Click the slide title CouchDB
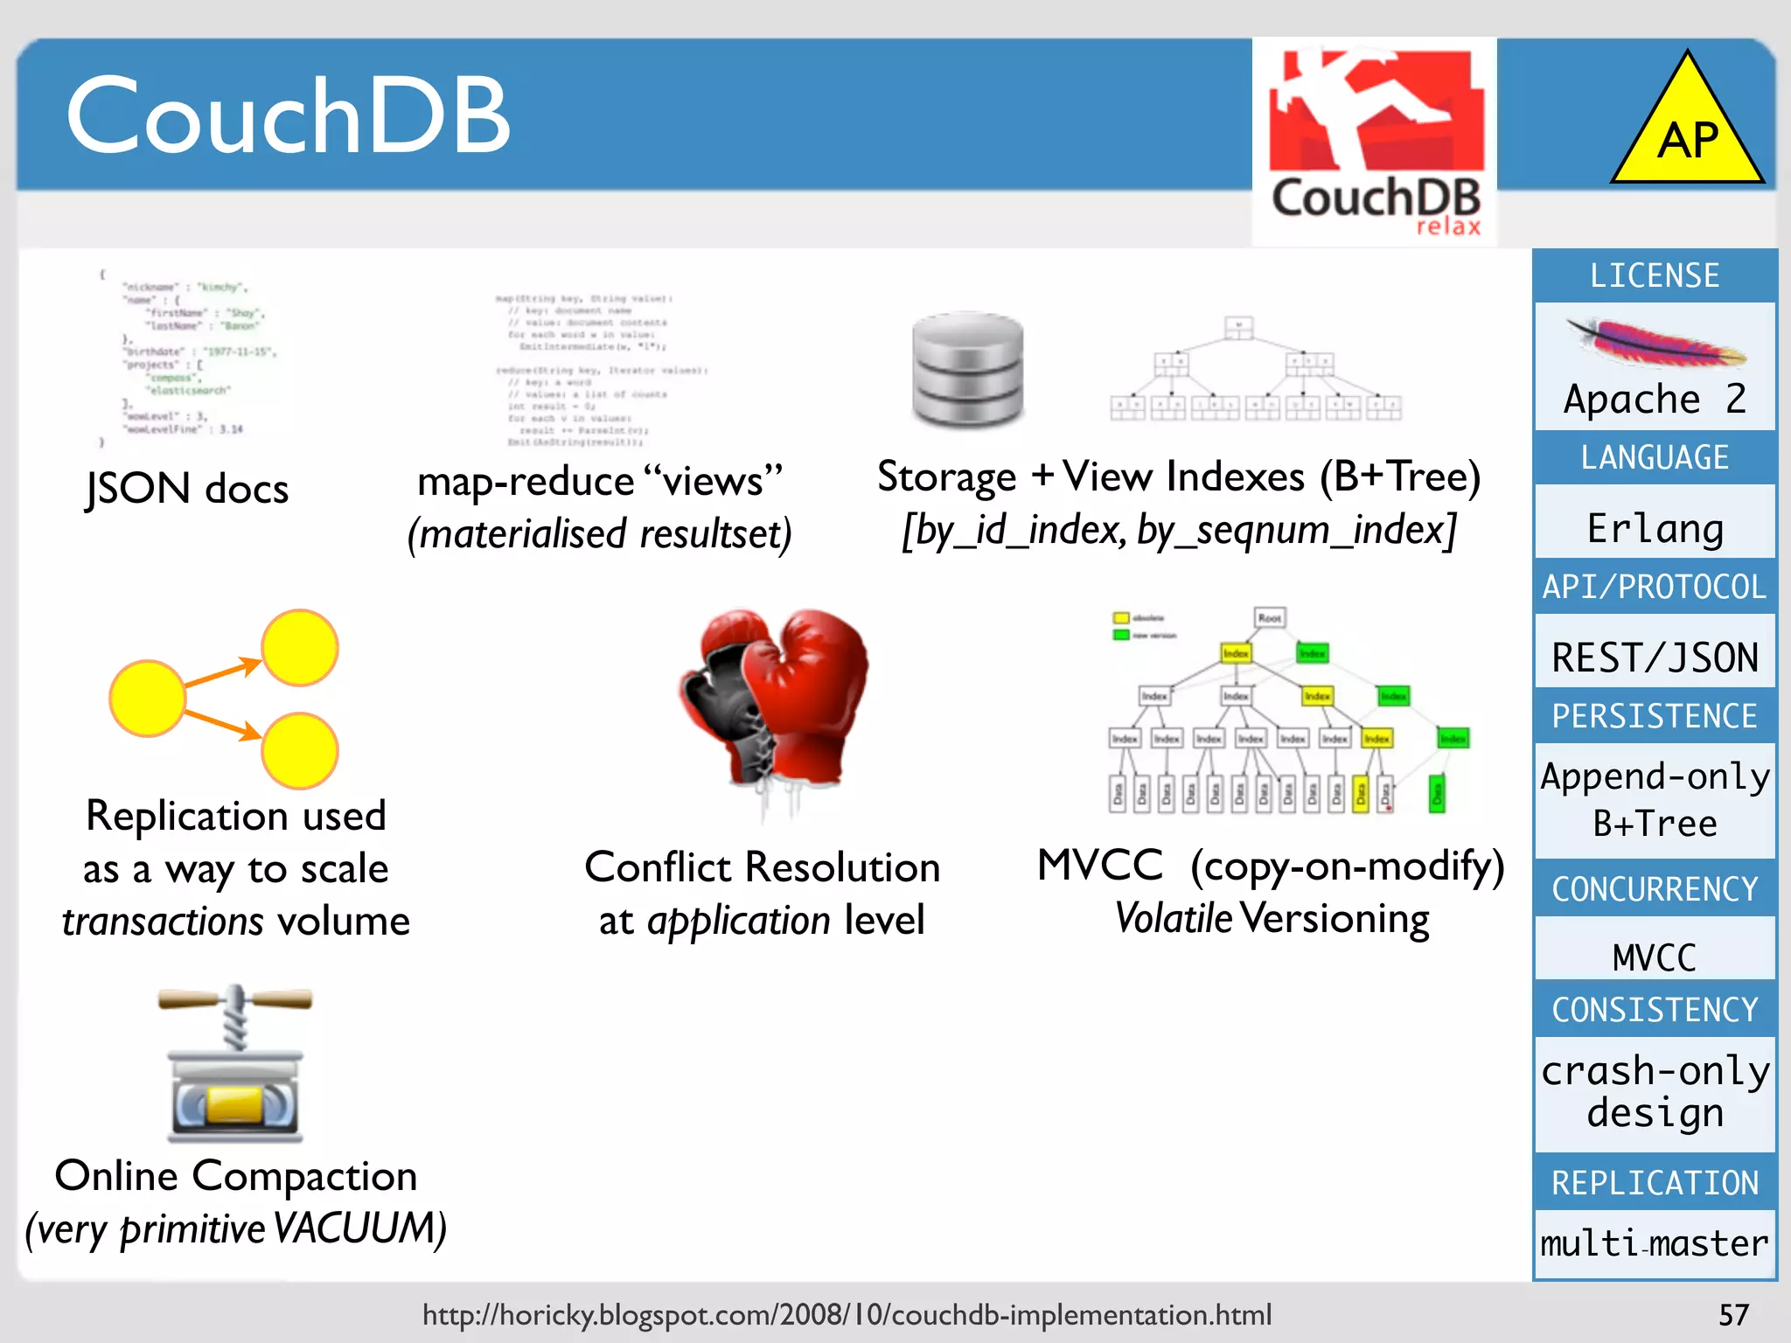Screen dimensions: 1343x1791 pyautogui.click(x=289, y=115)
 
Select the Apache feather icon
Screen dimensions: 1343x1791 pyautogui.click(x=1655, y=344)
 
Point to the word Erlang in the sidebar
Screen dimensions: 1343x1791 pyautogui.click(x=1655, y=528)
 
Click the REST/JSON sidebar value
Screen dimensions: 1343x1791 pyautogui.click(x=1655, y=658)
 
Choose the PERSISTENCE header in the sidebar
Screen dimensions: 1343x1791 pyautogui.click(x=1655, y=716)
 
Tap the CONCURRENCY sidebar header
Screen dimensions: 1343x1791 pyautogui.click(x=1655, y=889)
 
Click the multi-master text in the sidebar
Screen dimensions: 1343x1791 pyautogui.click(x=1655, y=1242)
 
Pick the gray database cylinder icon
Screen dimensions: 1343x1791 pyautogui.click(x=967, y=368)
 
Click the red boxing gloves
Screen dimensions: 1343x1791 pyautogui.click(x=774, y=699)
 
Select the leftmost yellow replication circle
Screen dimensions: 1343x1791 pyautogui.click(x=147, y=698)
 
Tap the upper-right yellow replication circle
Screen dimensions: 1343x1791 pyautogui.click(x=300, y=648)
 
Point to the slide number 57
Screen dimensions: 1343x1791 pyautogui.click(x=1733, y=1315)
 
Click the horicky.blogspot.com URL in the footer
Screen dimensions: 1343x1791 pyautogui.click(x=847, y=1315)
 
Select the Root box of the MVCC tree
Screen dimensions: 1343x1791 pyautogui.click(x=1270, y=618)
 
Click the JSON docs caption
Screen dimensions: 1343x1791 pyautogui.click(x=187, y=488)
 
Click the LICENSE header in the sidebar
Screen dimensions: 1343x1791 pyautogui.click(x=1655, y=276)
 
